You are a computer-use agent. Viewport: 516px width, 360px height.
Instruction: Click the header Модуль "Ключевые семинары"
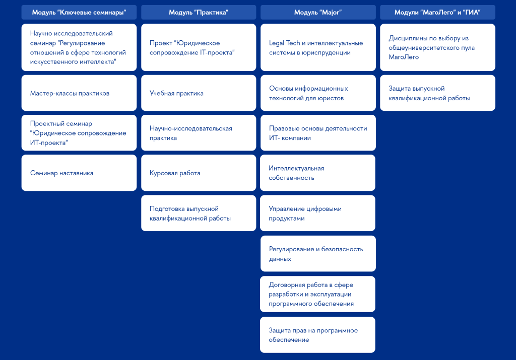coord(79,13)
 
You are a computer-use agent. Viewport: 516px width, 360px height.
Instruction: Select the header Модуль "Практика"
coord(199,13)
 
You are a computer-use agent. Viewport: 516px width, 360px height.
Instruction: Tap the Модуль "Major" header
coord(318,13)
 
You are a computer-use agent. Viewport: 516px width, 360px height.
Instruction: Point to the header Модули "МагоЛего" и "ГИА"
coord(437,13)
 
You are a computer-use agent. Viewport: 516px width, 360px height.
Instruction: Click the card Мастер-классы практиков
coord(79,93)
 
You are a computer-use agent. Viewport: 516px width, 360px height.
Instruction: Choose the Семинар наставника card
coord(79,173)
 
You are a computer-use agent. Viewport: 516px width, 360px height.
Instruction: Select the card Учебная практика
coord(199,93)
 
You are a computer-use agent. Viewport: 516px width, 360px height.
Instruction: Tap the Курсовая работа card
coord(199,173)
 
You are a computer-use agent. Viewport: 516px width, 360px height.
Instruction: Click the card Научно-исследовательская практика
coord(199,133)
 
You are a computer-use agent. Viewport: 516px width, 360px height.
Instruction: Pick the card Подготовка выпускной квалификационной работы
coord(199,213)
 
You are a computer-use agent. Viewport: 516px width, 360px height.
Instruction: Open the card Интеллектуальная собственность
coord(317,173)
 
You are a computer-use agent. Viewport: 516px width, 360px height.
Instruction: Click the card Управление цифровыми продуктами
coord(317,213)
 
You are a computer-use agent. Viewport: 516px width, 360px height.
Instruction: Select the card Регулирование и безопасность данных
coord(318,253)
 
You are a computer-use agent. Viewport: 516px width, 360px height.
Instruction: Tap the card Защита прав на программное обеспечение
coord(317,335)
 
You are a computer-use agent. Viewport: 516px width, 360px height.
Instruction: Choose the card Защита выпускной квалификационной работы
coord(437,93)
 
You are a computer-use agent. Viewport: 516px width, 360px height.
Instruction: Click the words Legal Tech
coord(284,43)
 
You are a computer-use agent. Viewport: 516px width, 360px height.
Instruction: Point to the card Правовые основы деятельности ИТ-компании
coord(318,133)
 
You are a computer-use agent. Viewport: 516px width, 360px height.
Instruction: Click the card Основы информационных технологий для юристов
coord(318,93)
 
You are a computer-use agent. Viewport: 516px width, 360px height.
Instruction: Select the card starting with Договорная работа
coord(317,294)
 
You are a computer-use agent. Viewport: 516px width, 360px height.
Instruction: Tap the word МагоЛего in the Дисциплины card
coord(404,57)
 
